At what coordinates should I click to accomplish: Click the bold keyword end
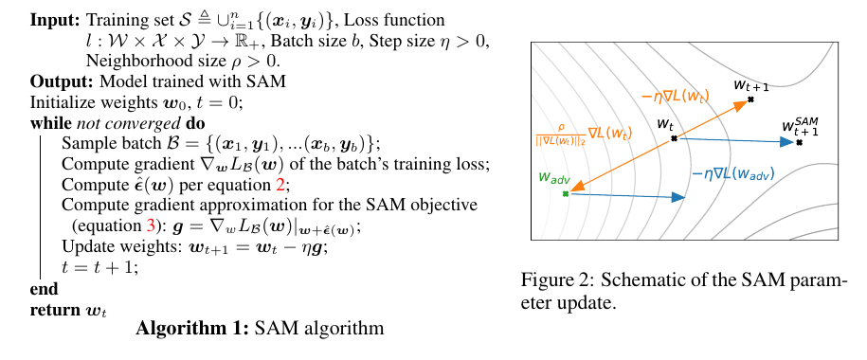pos(45,288)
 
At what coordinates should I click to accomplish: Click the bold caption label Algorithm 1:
pos(189,330)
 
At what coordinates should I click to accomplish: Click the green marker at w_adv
pos(566,193)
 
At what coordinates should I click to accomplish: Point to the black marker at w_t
pos(675,138)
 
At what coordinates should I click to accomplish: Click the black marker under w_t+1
pos(750,99)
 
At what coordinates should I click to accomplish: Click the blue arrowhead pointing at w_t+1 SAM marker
pos(786,142)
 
